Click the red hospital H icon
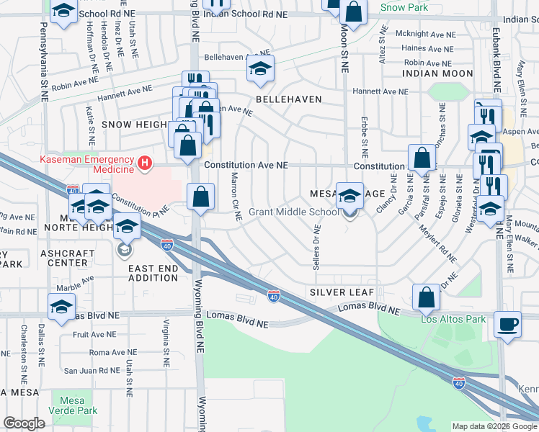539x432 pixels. pos(146,164)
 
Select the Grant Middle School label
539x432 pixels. pos(293,212)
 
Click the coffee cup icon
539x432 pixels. pos(509,325)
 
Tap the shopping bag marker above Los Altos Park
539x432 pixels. pos(427,297)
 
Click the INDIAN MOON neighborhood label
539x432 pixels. pos(437,74)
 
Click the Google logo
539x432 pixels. pos(24,423)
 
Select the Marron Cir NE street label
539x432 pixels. pos(234,190)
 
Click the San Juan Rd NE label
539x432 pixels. pos(92,370)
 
